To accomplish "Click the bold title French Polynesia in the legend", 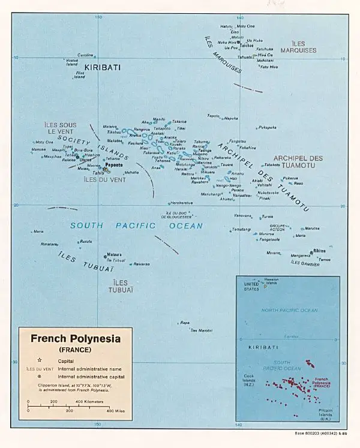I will point(76,338).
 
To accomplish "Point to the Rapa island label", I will point(184,323).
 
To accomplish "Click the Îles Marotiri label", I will point(201,330).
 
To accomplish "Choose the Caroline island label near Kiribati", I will point(86,55).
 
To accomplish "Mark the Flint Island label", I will point(79,75).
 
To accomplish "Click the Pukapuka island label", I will point(267,127).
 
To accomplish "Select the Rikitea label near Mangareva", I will point(319,251).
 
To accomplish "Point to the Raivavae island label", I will point(141,264).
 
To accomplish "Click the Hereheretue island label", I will point(182,203).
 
